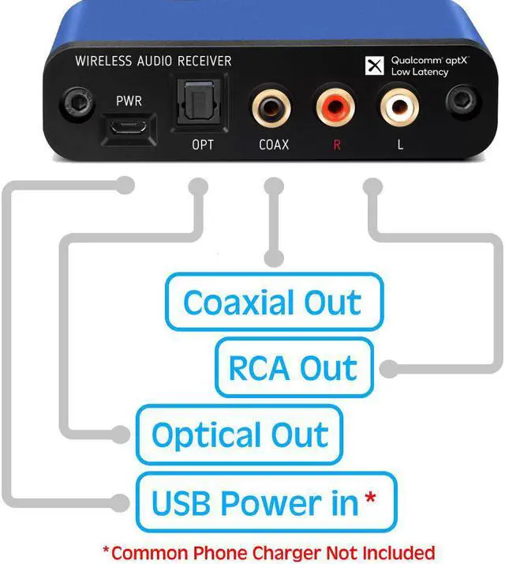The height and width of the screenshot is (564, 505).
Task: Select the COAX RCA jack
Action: tap(269, 107)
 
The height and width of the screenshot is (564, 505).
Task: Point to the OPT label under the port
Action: tap(202, 145)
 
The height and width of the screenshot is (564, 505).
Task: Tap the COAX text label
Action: tap(274, 145)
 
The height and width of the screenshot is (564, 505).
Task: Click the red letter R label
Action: tap(337, 145)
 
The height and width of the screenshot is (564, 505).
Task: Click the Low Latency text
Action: tap(420, 73)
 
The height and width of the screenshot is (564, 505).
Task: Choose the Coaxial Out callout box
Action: tap(273, 302)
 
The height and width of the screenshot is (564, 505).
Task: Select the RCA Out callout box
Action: tap(294, 368)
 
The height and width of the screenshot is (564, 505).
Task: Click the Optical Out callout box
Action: tap(239, 434)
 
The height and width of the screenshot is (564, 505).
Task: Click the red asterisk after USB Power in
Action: tap(370, 499)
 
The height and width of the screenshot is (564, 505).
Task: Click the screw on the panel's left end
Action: tap(77, 103)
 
